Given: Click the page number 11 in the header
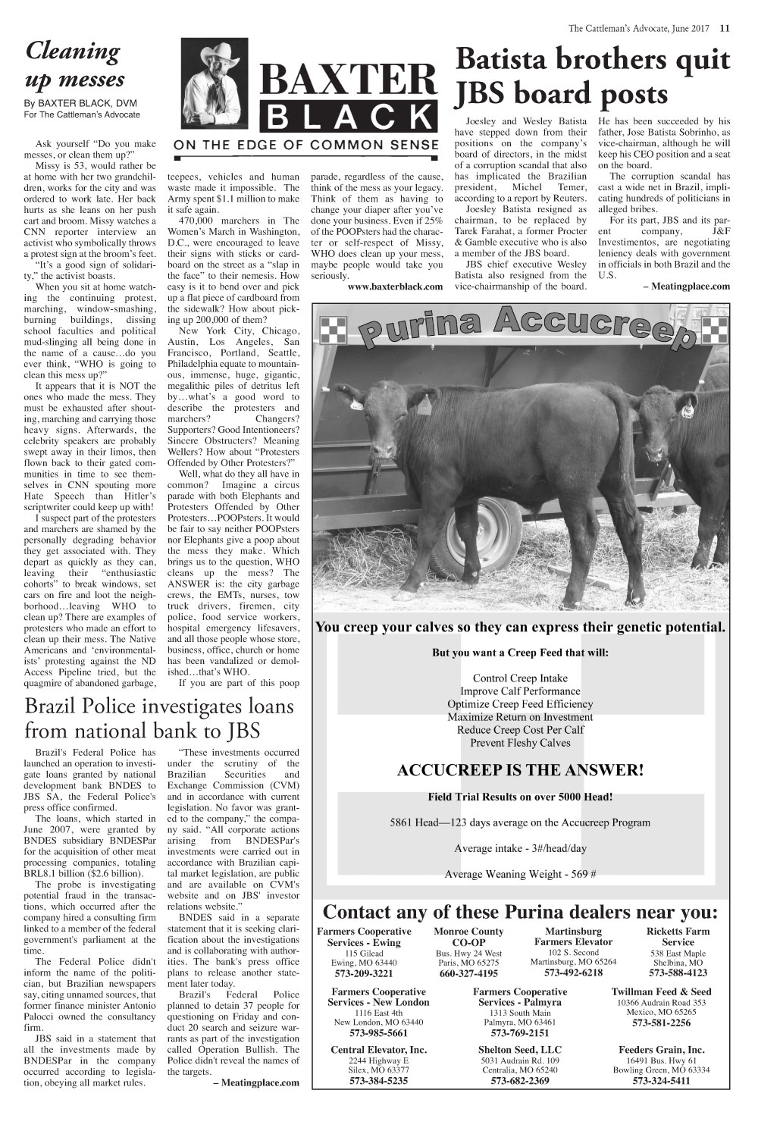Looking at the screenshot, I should pos(725,29).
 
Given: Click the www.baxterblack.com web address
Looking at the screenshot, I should pos(395,287).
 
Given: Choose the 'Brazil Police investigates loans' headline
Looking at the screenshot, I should pos(159,718).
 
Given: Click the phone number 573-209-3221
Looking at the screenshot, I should pos(364,973).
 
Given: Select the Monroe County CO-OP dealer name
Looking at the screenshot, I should pos(468,936).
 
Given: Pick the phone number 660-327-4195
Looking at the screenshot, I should pos(468,973).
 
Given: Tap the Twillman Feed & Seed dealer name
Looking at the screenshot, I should pos(661,991).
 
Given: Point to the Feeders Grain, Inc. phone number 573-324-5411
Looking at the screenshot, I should pos(661,1081).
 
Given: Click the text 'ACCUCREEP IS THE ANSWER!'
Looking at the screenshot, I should pos(520,771).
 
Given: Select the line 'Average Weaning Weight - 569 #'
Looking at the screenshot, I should pos(520,874).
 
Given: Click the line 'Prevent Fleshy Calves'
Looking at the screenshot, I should pos(520,743).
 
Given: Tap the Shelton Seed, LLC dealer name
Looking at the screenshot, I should pos(520,1050).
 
